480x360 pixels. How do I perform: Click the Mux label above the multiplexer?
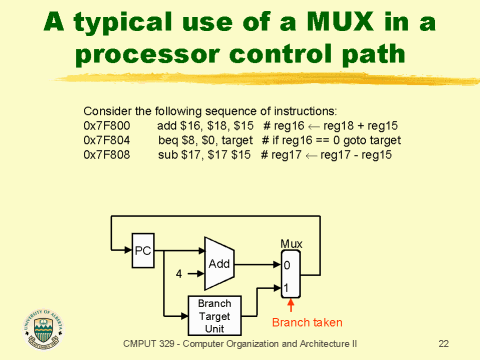291,243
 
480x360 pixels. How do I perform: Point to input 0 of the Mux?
287,266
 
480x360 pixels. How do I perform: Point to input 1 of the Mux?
287,288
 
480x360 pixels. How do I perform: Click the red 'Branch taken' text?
307,322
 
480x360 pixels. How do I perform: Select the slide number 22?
444,343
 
